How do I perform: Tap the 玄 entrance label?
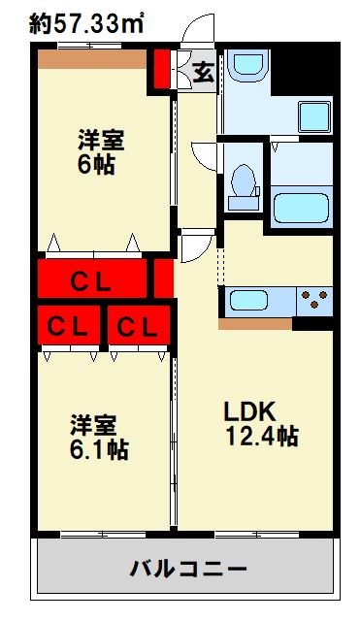tap(202, 71)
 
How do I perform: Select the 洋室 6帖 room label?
tap(101, 151)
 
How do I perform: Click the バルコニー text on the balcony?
tap(189, 568)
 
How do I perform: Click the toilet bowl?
tap(245, 183)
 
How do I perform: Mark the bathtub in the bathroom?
tap(301, 207)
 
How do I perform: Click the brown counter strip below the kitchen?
tap(255, 324)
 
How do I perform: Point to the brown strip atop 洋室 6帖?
tap(93, 58)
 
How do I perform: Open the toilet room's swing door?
tap(206, 157)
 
